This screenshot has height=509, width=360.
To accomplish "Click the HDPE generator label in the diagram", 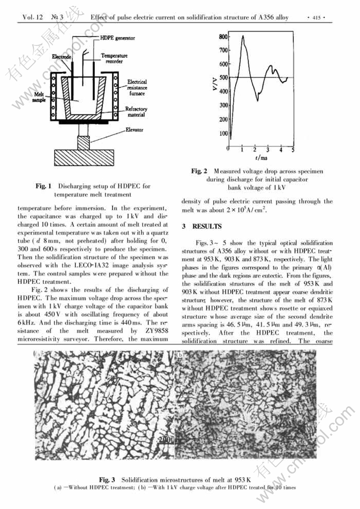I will click(x=117, y=38).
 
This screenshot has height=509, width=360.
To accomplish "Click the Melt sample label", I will click(x=40, y=96).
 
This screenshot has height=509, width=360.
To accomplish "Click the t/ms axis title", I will click(x=260, y=159).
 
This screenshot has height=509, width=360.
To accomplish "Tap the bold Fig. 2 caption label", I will click(x=199, y=171).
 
